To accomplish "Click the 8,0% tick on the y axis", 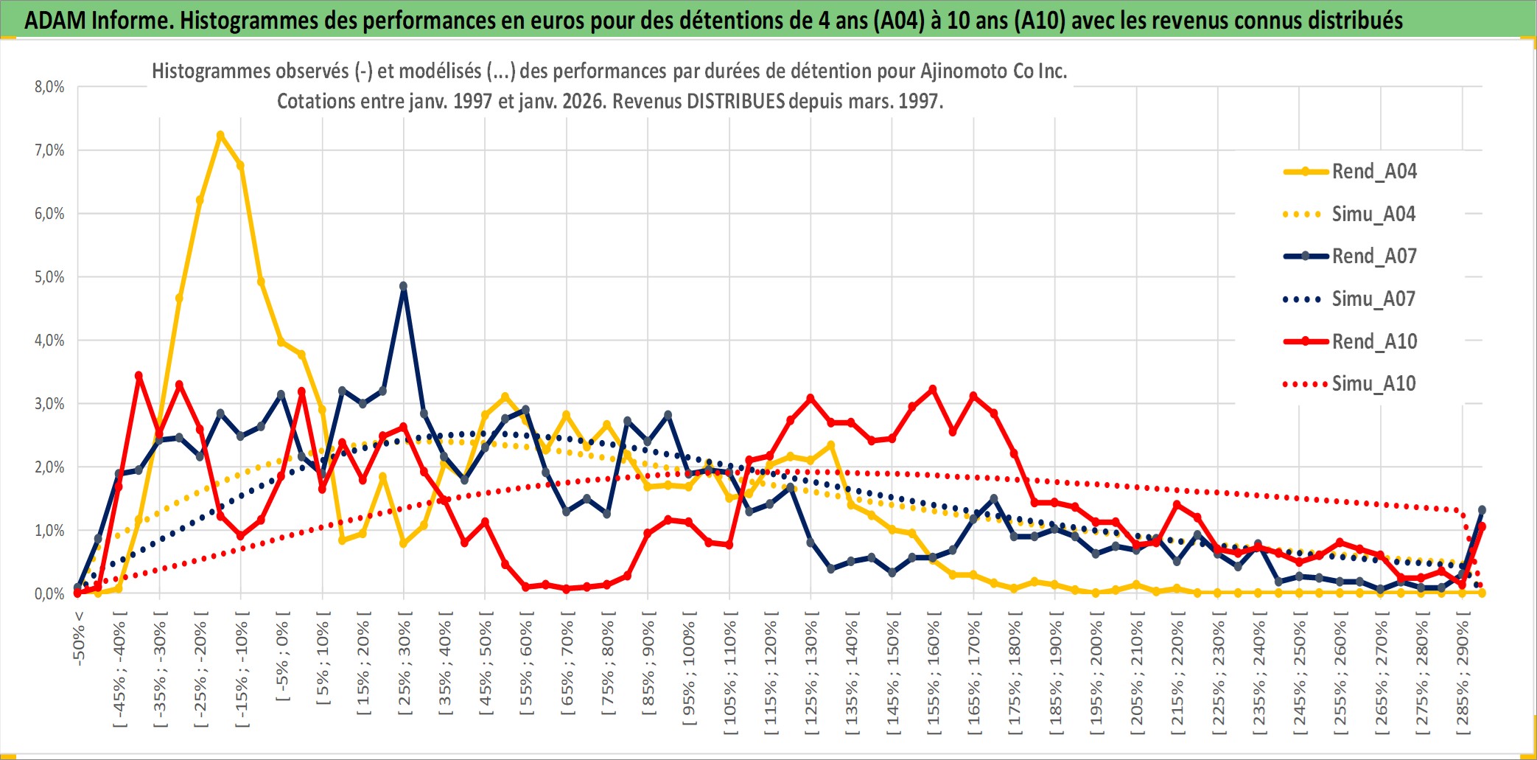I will [49, 87].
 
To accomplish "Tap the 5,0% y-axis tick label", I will [49, 277].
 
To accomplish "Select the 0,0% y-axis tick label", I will [49, 593].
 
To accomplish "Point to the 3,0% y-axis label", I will [49, 404].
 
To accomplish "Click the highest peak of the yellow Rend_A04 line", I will [220, 136].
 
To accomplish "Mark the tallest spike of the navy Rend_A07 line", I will [403, 286].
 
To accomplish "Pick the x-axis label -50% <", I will [79, 638].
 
